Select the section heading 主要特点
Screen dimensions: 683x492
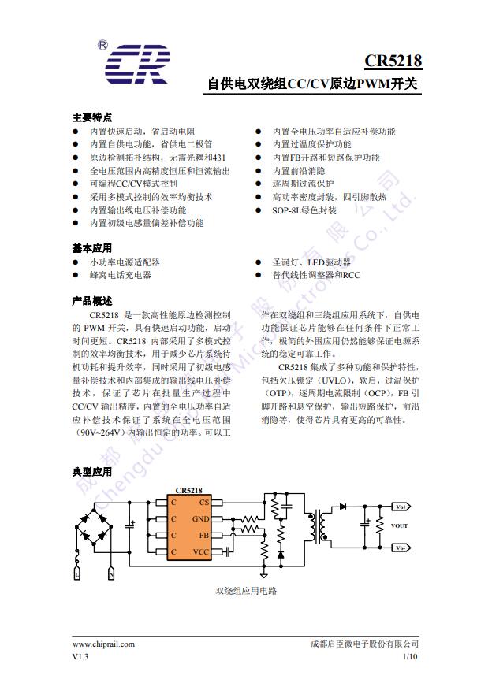point(92,117)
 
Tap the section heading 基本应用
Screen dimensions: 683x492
point(92,248)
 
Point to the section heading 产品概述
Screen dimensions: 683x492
point(92,301)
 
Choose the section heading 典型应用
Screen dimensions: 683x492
point(92,472)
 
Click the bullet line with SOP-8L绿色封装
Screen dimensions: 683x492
point(304,210)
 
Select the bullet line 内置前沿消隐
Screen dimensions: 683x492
point(299,171)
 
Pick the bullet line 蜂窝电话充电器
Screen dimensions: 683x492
point(120,275)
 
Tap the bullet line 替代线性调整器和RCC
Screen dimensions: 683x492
point(316,275)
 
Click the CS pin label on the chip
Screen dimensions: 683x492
point(204,502)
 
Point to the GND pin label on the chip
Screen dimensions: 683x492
point(201,519)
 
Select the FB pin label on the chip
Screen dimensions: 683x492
point(204,536)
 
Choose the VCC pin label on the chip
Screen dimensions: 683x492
point(201,552)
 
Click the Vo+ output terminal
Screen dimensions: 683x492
point(401,507)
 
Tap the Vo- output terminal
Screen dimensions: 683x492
point(401,548)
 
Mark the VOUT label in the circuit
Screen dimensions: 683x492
point(400,526)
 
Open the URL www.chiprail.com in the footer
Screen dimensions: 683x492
point(103,644)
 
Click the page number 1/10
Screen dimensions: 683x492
point(410,656)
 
